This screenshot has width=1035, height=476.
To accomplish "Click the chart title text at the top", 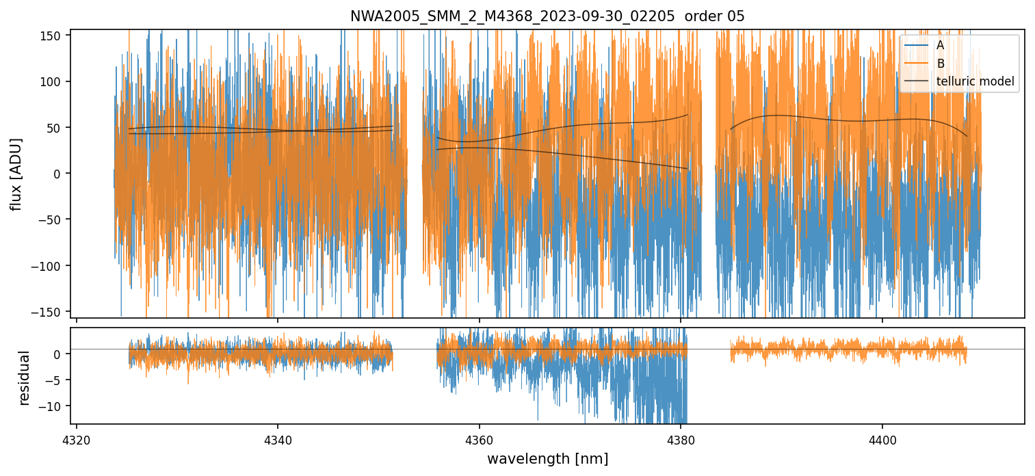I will coord(547,16).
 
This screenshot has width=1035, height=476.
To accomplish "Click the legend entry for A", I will coord(940,45).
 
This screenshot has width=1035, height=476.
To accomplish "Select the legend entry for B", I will coord(940,64).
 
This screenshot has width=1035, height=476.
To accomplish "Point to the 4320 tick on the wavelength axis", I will coord(76,438).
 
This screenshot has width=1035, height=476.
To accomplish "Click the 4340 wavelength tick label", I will coord(277,438).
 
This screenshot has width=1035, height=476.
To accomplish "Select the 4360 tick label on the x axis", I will coord(479,438).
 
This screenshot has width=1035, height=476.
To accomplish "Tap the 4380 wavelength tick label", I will coord(681,438).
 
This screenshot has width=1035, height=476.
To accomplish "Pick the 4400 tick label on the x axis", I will coord(882,438).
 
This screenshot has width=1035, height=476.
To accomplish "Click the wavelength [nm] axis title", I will coord(547,458).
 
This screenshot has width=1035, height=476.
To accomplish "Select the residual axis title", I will coord(25,378).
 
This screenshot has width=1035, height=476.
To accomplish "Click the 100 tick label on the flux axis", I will coord(54,81).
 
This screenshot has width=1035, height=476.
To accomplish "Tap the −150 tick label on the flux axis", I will coord(51,312).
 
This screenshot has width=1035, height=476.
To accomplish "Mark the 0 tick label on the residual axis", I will coord(61,354).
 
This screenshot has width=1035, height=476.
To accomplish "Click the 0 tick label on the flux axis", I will coord(61,174).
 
